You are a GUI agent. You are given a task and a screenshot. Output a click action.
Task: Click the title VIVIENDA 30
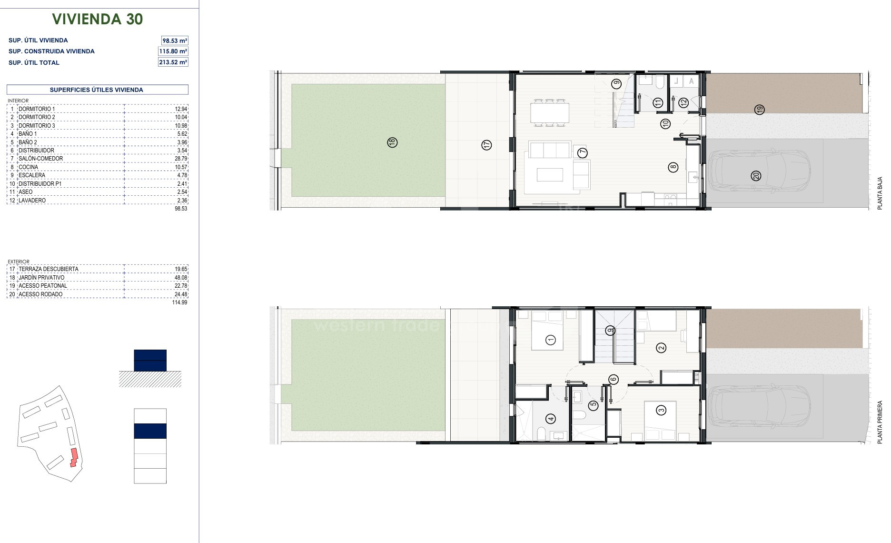point(97,19)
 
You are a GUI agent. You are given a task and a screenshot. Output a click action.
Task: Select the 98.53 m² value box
point(175,40)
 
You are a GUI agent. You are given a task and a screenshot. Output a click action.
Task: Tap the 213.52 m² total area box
point(173,62)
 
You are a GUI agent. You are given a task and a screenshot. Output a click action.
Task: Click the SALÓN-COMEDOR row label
point(40,159)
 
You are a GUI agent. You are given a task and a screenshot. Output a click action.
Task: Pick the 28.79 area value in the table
point(181,159)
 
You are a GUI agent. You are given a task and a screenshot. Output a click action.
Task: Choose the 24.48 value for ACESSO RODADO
point(181,294)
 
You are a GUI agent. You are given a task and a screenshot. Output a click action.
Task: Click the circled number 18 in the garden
point(392,142)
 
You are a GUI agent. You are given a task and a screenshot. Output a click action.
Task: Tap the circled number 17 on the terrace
point(486,145)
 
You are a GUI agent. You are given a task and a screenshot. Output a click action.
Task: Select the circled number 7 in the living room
point(583,153)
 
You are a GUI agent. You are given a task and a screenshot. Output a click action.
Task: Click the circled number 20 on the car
point(756,176)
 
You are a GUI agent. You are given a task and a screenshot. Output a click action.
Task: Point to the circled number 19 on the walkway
point(760,110)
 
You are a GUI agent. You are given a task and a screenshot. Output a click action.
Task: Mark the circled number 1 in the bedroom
point(551,340)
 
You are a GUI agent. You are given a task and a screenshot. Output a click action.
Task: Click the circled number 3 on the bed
point(661,410)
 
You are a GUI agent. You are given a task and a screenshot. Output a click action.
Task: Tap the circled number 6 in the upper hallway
point(613,380)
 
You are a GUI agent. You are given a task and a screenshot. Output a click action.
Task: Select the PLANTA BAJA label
point(880,193)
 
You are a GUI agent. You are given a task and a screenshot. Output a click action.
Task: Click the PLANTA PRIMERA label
point(880,422)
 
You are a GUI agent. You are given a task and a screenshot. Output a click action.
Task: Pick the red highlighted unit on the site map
point(74,457)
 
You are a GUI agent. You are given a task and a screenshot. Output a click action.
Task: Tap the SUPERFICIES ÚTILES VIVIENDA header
point(97,90)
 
